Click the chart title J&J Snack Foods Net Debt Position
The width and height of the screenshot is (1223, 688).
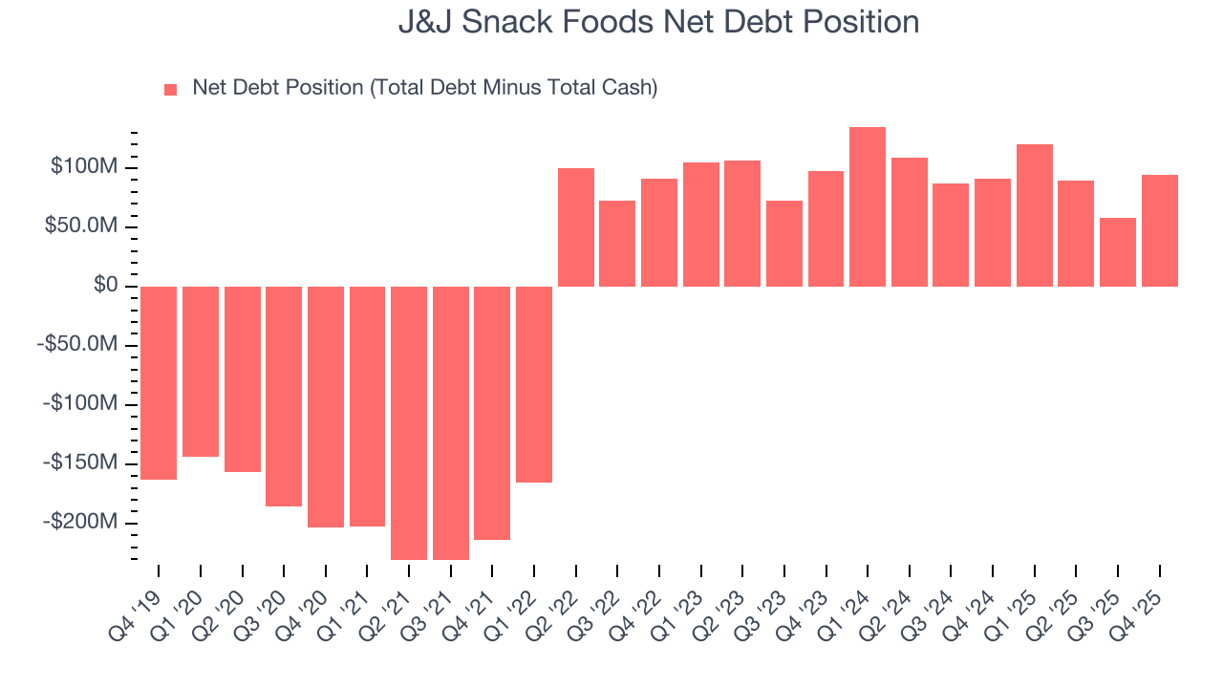point(658,22)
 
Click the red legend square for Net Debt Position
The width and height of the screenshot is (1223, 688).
point(171,90)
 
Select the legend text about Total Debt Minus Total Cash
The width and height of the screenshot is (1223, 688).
point(424,88)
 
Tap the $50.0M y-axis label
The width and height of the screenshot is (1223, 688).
point(82,226)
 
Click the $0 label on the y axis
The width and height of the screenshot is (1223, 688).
point(106,286)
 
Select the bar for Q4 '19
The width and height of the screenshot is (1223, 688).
point(159,382)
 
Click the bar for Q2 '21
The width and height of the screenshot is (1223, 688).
point(409,422)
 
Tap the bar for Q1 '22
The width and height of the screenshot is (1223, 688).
point(534,384)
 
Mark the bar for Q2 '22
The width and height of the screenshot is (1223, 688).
point(576,227)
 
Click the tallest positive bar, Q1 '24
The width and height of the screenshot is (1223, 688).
point(868,207)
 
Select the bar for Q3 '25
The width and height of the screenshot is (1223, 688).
point(1118,252)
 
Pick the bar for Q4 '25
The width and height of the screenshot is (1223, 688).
point(1160,231)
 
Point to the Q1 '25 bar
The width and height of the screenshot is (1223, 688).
point(1035,216)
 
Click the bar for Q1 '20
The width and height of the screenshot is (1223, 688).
point(201,372)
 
